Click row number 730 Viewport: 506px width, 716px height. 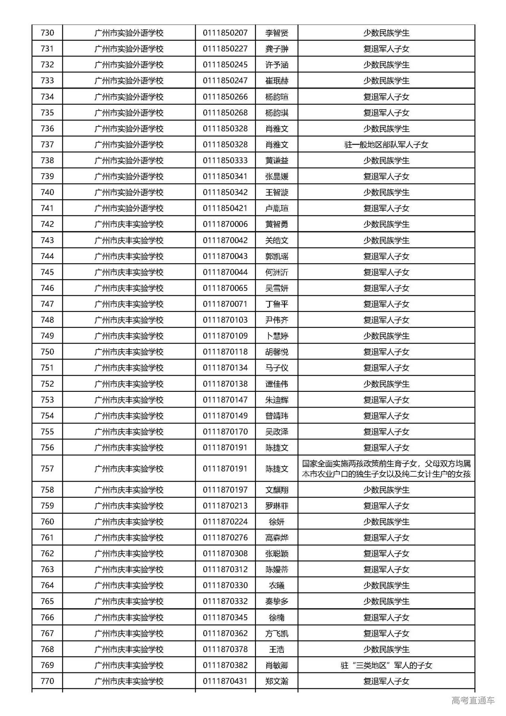(x=47, y=33)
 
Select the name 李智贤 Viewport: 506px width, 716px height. (x=277, y=33)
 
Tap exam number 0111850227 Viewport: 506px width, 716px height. (x=225, y=49)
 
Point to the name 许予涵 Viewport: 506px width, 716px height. (x=277, y=65)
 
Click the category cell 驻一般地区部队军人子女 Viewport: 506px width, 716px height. (x=386, y=145)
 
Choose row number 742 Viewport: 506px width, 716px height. (x=47, y=224)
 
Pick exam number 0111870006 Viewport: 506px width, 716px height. (x=225, y=224)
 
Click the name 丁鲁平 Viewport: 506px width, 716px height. (x=277, y=304)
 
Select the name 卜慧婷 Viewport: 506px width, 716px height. (x=277, y=336)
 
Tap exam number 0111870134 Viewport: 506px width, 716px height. (x=225, y=368)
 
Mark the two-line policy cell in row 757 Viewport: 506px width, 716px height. (x=386, y=469)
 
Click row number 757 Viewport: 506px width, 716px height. (x=47, y=469)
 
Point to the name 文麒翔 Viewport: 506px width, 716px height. (x=277, y=490)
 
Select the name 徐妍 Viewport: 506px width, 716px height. (x=277, y=522)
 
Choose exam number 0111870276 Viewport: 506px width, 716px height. (x=225, y=538)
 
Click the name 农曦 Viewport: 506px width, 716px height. (x=277, y=586)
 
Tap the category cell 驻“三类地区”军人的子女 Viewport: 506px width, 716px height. (x=386, y=665)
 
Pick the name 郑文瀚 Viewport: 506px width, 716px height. (x=277, y=681)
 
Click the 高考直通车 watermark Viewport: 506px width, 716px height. (x=473, y=701)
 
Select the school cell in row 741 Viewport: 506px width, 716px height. (x=129, y=208)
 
